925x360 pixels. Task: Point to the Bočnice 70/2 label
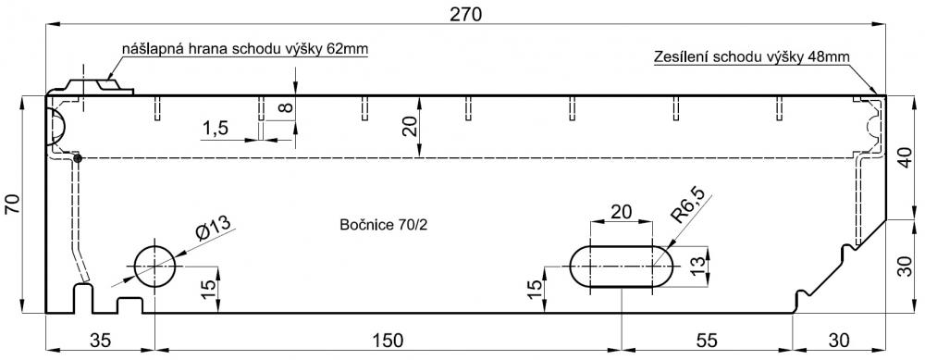click(x=384, y=225)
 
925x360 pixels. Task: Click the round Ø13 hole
click(x=154, y=267)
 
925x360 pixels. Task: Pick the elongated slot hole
click(x=622, y=267)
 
